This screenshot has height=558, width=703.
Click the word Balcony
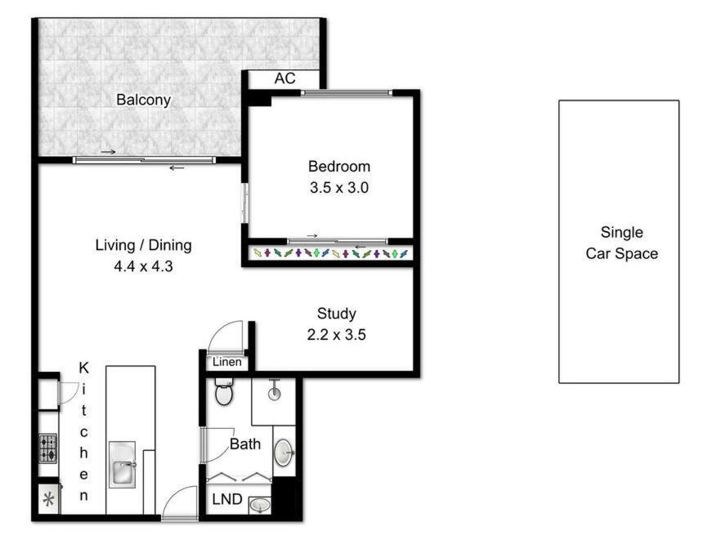coord(143,100)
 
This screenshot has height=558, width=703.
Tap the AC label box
coord(284,79)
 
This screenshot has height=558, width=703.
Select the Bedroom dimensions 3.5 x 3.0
coord(338,187)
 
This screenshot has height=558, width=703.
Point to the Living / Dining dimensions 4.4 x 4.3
coord(143,266)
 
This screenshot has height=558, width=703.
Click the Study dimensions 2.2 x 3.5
coord(337,334)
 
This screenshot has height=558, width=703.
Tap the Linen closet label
coord(226,362)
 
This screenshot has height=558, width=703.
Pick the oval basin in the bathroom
coord(284,452)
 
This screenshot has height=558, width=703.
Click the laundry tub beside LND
coord(260,504)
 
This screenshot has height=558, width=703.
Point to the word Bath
coord(245,445)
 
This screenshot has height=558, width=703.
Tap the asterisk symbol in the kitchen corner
coord(47,499)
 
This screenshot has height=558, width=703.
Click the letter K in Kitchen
coord(83,368)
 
